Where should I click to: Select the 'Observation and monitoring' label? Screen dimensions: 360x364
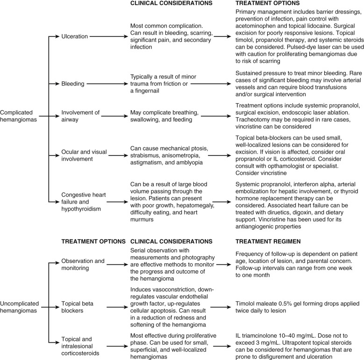click(83, 264)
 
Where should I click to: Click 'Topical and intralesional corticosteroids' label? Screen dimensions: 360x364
click(83, 345)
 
